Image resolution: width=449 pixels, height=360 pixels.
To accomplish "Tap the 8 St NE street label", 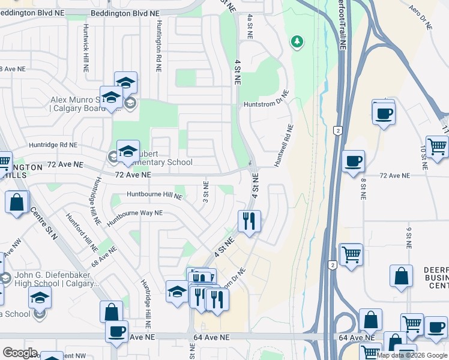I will pos(363,188).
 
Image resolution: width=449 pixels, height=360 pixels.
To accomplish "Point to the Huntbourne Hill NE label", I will pos(154,195).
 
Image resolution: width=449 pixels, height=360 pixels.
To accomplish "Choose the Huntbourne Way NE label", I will pos(135,217).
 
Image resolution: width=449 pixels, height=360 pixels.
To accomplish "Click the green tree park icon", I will pos(296,41).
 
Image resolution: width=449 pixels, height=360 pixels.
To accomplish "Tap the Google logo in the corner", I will pos(20,353).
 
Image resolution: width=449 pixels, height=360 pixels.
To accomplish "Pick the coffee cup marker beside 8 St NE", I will pos(354,160).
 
